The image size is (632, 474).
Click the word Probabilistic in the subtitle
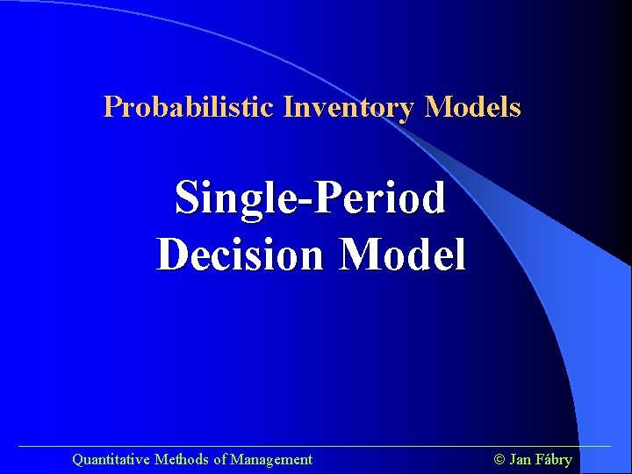click(190, 107)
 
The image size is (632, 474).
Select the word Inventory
click(348, 107)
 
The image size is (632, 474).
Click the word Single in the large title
click(230, 198)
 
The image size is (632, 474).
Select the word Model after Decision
click(403, 255)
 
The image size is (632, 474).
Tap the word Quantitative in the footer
click(111, 459)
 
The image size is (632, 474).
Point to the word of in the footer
click(219, 459)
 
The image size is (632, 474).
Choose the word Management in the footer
click(271, 459)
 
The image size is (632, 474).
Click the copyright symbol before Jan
click(499, 459)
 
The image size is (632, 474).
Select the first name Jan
click(520, 459)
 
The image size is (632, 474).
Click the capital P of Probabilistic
click(111, 107)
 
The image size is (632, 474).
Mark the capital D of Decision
click(172, 255)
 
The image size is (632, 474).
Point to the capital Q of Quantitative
click(77, 459)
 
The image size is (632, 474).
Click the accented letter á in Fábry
click(546, 459)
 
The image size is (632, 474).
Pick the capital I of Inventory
click(287, 107)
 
